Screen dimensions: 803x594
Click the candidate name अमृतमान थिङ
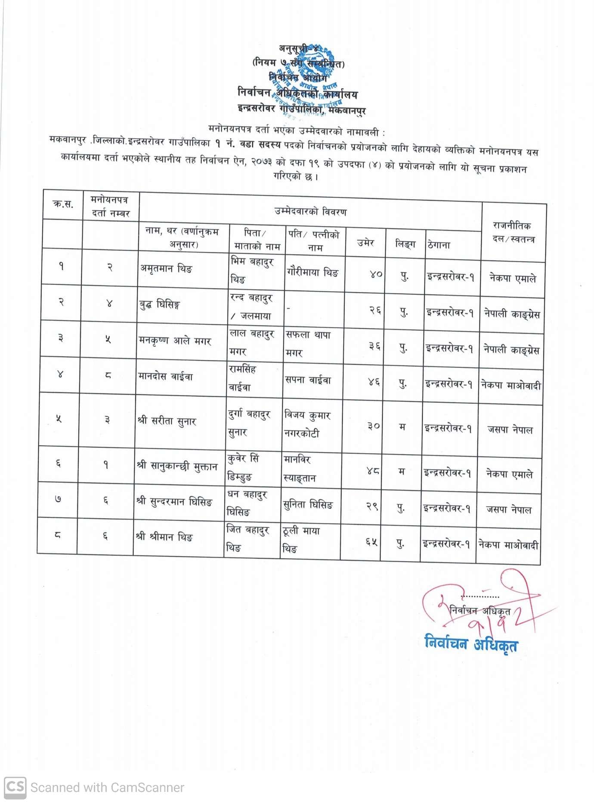click(x=166, y=268)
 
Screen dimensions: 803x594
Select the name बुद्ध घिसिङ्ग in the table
click(x=159, y=305)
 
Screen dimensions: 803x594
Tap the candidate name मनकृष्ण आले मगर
click(x=175, y=341)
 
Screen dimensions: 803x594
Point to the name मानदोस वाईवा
click(x=165, y=377)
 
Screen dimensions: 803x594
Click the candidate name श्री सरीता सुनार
click(x=167, y=421)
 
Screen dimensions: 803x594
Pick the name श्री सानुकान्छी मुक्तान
click(x=176, y=466)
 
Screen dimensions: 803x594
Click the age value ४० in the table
click(x=376, y=274)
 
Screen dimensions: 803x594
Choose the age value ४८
click(x=373, y=471)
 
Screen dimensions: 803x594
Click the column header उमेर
click(x=365, y=243)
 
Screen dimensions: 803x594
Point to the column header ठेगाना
click(x=439, y=245)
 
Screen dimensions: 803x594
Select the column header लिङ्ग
click(x=405, y=244)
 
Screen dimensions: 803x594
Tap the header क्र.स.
click(x=63, y=204)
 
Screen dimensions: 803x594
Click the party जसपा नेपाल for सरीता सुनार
click(x=510, y=429)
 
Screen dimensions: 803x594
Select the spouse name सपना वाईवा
click(x=308, y=380)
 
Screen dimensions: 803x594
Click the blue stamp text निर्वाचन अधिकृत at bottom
click(x=471, y=644)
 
